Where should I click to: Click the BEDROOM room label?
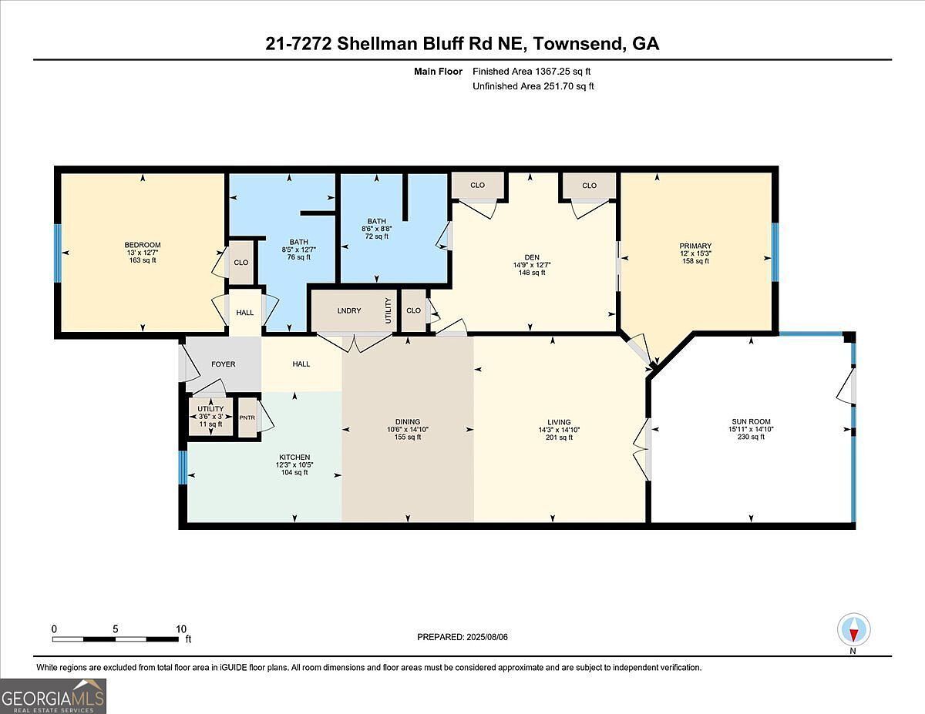click(143, 245)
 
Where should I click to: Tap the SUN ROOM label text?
click(751, 421)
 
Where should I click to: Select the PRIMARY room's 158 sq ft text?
click(696, 261)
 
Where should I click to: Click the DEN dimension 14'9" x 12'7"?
click(532, 264)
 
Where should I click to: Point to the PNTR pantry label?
click(247, 417)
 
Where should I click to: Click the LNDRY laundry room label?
click(348, 310)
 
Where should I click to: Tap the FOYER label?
click(224, 364)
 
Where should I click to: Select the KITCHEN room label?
click(294, 458)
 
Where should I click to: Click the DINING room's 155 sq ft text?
click(408, 437)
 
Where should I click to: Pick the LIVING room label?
click(559, 422)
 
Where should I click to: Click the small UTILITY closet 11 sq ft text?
click(210, 424)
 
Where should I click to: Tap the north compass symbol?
click(853, 629)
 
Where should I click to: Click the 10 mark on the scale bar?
click(181, 629)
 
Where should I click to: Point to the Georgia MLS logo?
click(53, 696)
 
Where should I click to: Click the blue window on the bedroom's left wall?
click(57, 253)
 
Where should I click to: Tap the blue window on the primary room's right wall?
click(775, 252)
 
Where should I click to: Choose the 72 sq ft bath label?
click(377, 236)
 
